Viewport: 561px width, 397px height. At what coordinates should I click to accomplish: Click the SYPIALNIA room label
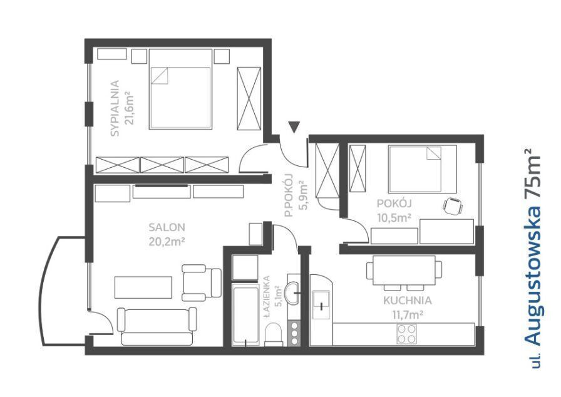115,108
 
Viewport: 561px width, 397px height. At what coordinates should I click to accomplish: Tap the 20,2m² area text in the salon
167,242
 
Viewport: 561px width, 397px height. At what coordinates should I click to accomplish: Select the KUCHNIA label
408,301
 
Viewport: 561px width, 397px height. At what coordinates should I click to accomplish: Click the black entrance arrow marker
294,127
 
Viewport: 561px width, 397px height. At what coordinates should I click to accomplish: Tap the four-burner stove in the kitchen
407,334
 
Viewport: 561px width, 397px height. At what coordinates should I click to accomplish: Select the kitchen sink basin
322,304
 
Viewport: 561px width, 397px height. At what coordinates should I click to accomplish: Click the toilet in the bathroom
274,334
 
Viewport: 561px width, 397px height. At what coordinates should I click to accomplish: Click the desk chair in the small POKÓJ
453,206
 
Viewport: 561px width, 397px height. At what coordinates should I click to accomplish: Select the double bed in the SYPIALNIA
180,89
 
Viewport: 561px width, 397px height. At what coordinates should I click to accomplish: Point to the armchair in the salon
202,282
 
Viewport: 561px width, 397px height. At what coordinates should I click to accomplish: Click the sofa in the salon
157,326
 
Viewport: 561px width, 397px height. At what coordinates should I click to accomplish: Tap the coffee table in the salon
143,287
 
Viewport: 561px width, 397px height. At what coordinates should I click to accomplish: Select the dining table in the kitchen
404,271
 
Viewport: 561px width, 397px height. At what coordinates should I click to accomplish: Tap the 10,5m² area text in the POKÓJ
394,217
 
